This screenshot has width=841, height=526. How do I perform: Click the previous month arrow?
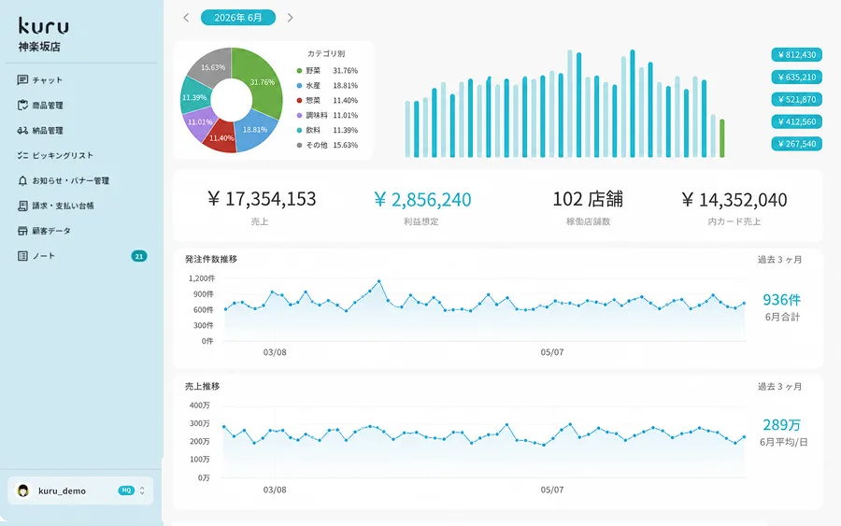[186, 18]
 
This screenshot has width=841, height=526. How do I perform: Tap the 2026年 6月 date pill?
[238, 18]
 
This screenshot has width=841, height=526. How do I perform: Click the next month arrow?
[291, 18]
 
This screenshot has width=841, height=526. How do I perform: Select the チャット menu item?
[40, 80]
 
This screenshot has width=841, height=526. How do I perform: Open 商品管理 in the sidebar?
[40, 105]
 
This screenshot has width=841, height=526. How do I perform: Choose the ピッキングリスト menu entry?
[55, 155]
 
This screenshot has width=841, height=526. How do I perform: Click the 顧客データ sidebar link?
[44, 231]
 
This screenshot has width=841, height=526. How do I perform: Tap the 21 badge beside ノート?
[139, 256]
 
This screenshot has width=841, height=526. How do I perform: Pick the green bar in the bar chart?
[722, 138]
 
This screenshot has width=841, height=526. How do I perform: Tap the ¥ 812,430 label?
[796, 55]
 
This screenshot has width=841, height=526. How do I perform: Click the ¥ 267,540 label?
[796, 144]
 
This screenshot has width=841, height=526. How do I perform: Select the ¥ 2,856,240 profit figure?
[422, 199]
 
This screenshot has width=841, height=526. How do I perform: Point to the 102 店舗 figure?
[588, 199]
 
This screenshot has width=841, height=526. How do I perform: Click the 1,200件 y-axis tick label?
[202, 278]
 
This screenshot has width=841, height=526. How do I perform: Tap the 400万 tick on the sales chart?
[200, 405]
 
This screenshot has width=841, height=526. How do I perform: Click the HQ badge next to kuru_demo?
[126, 490]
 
